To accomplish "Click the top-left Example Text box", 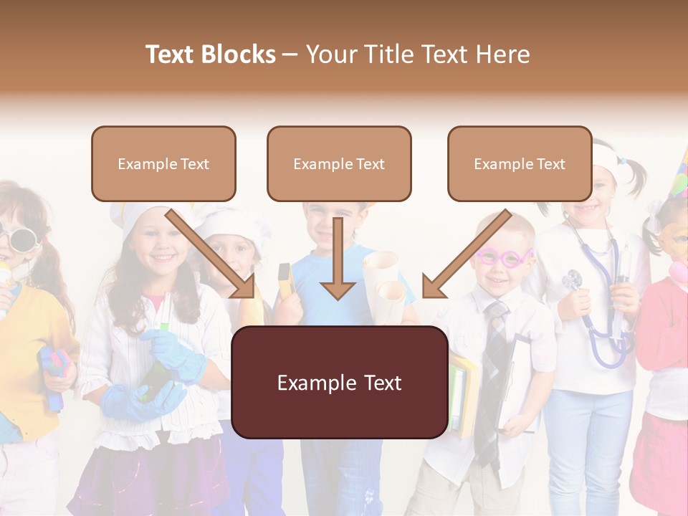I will coord(163,163).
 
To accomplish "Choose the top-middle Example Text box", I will coord(339,163).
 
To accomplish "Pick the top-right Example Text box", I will coord(520,163).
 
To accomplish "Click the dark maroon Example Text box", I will coord(339,383).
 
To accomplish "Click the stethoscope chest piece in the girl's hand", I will coord(571,279).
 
